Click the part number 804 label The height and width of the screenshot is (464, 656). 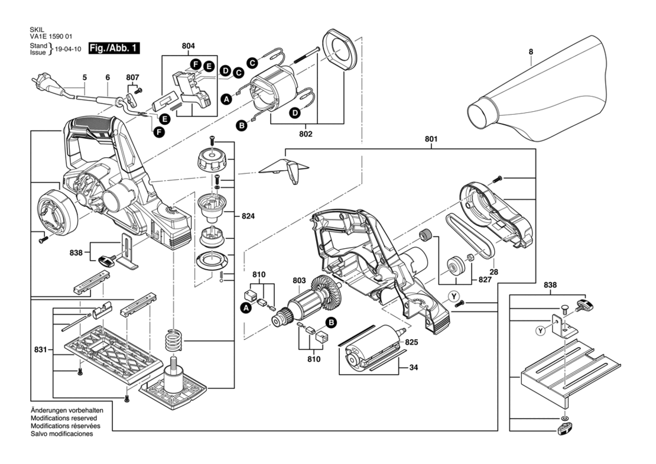[x=189, y=46]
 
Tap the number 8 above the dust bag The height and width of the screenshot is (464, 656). [x=531, y=52]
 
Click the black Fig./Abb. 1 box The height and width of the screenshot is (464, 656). [x=114, y=48]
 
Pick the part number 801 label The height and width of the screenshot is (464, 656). [x=431, y=139]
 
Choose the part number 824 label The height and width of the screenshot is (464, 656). [x=248, y=216]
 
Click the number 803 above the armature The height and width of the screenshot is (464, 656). [x=299, y=281]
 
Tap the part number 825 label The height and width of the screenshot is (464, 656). [x=412, y=342]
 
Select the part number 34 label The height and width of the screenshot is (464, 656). [x=413, y=368]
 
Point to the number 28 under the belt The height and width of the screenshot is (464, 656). [x=493, y=272]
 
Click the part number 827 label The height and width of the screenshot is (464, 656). [x=485, y=280]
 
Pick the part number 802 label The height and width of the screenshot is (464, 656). [x=306, y=134]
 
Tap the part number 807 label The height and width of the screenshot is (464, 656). [x=132, y=78]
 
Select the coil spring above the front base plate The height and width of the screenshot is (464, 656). [x=173, y=334]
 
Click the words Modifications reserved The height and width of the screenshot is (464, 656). [x=64, y=418]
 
